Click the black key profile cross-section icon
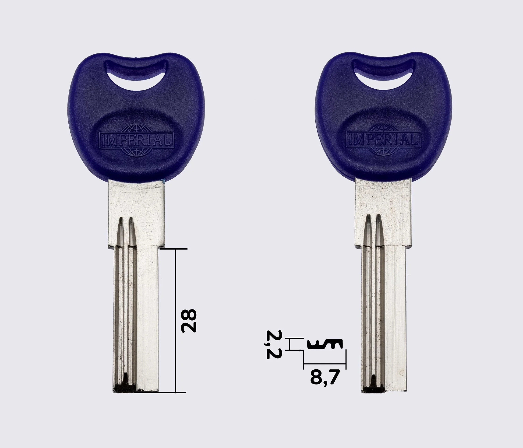pyautogui.click(x=325, y=344)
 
